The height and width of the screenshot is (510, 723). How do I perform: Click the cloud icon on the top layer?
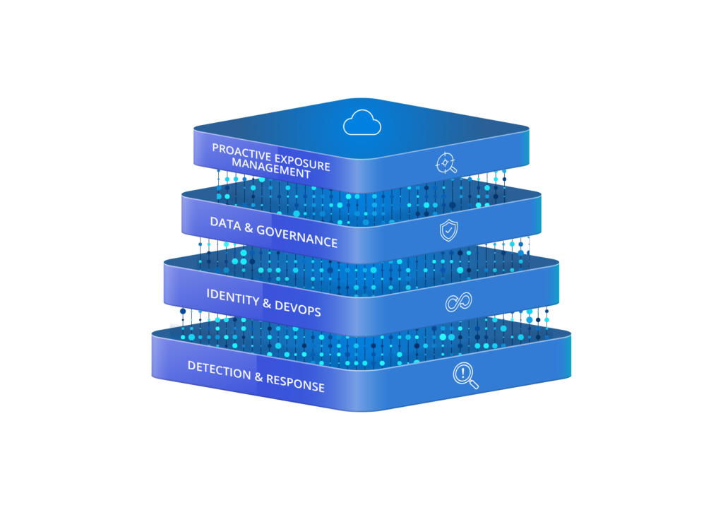[362, 123]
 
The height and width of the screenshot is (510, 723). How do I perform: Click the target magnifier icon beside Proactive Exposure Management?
[446, 163]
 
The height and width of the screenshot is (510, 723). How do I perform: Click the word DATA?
[225, 224]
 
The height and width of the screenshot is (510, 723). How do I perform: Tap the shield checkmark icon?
[448, 230]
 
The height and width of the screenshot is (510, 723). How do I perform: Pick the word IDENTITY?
[233, 297]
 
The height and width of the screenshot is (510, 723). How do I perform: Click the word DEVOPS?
[298, 308]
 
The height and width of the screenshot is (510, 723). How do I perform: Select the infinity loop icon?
[458, 302]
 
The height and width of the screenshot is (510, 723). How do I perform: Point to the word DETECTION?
[219, 370]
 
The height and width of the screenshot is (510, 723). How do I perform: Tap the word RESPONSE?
[296, 383]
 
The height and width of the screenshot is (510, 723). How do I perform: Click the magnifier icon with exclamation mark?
[465, 376]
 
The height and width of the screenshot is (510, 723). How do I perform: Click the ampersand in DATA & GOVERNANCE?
[249, 227]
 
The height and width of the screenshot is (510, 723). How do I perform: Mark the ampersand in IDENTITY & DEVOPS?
[267, 303]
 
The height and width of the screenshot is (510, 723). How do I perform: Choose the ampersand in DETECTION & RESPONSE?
[258, 378]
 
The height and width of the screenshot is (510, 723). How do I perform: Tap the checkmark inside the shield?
[448, 230]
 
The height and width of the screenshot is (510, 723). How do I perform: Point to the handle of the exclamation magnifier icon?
[474, 384]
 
